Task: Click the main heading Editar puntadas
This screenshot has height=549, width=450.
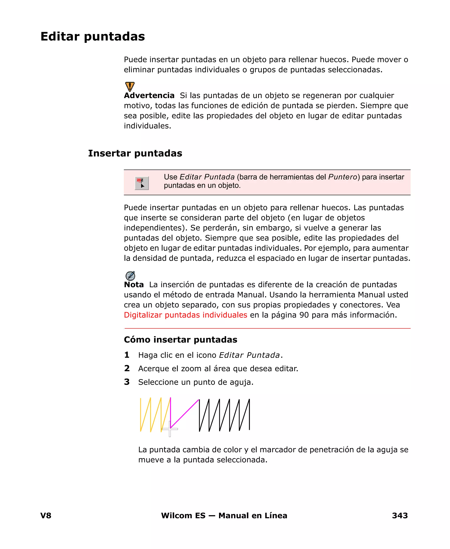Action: coord(93,36)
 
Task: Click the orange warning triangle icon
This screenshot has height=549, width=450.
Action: coord(130,86)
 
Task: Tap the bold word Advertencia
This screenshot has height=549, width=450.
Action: coord(149,95)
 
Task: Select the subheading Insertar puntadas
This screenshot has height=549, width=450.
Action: coord(135,153)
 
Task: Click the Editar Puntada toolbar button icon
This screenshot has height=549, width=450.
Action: coord(142,183)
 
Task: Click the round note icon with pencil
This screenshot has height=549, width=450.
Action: coord(130,276)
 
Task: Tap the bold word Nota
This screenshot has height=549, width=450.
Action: coord(134,285)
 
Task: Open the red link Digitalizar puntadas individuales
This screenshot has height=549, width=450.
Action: coord(185,315)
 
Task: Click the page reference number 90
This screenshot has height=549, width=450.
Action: coord(304,315)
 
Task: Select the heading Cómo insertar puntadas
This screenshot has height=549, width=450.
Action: coord(180,339)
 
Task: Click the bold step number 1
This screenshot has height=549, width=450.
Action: coord(127,355)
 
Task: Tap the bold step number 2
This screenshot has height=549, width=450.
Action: coord(127,368)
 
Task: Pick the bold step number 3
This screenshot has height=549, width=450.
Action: coord(127,382)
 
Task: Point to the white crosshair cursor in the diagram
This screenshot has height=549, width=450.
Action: coord(170,429)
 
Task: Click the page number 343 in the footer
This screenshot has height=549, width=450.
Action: coord(400,516)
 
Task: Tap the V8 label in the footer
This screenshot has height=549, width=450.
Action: coord(46,516)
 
